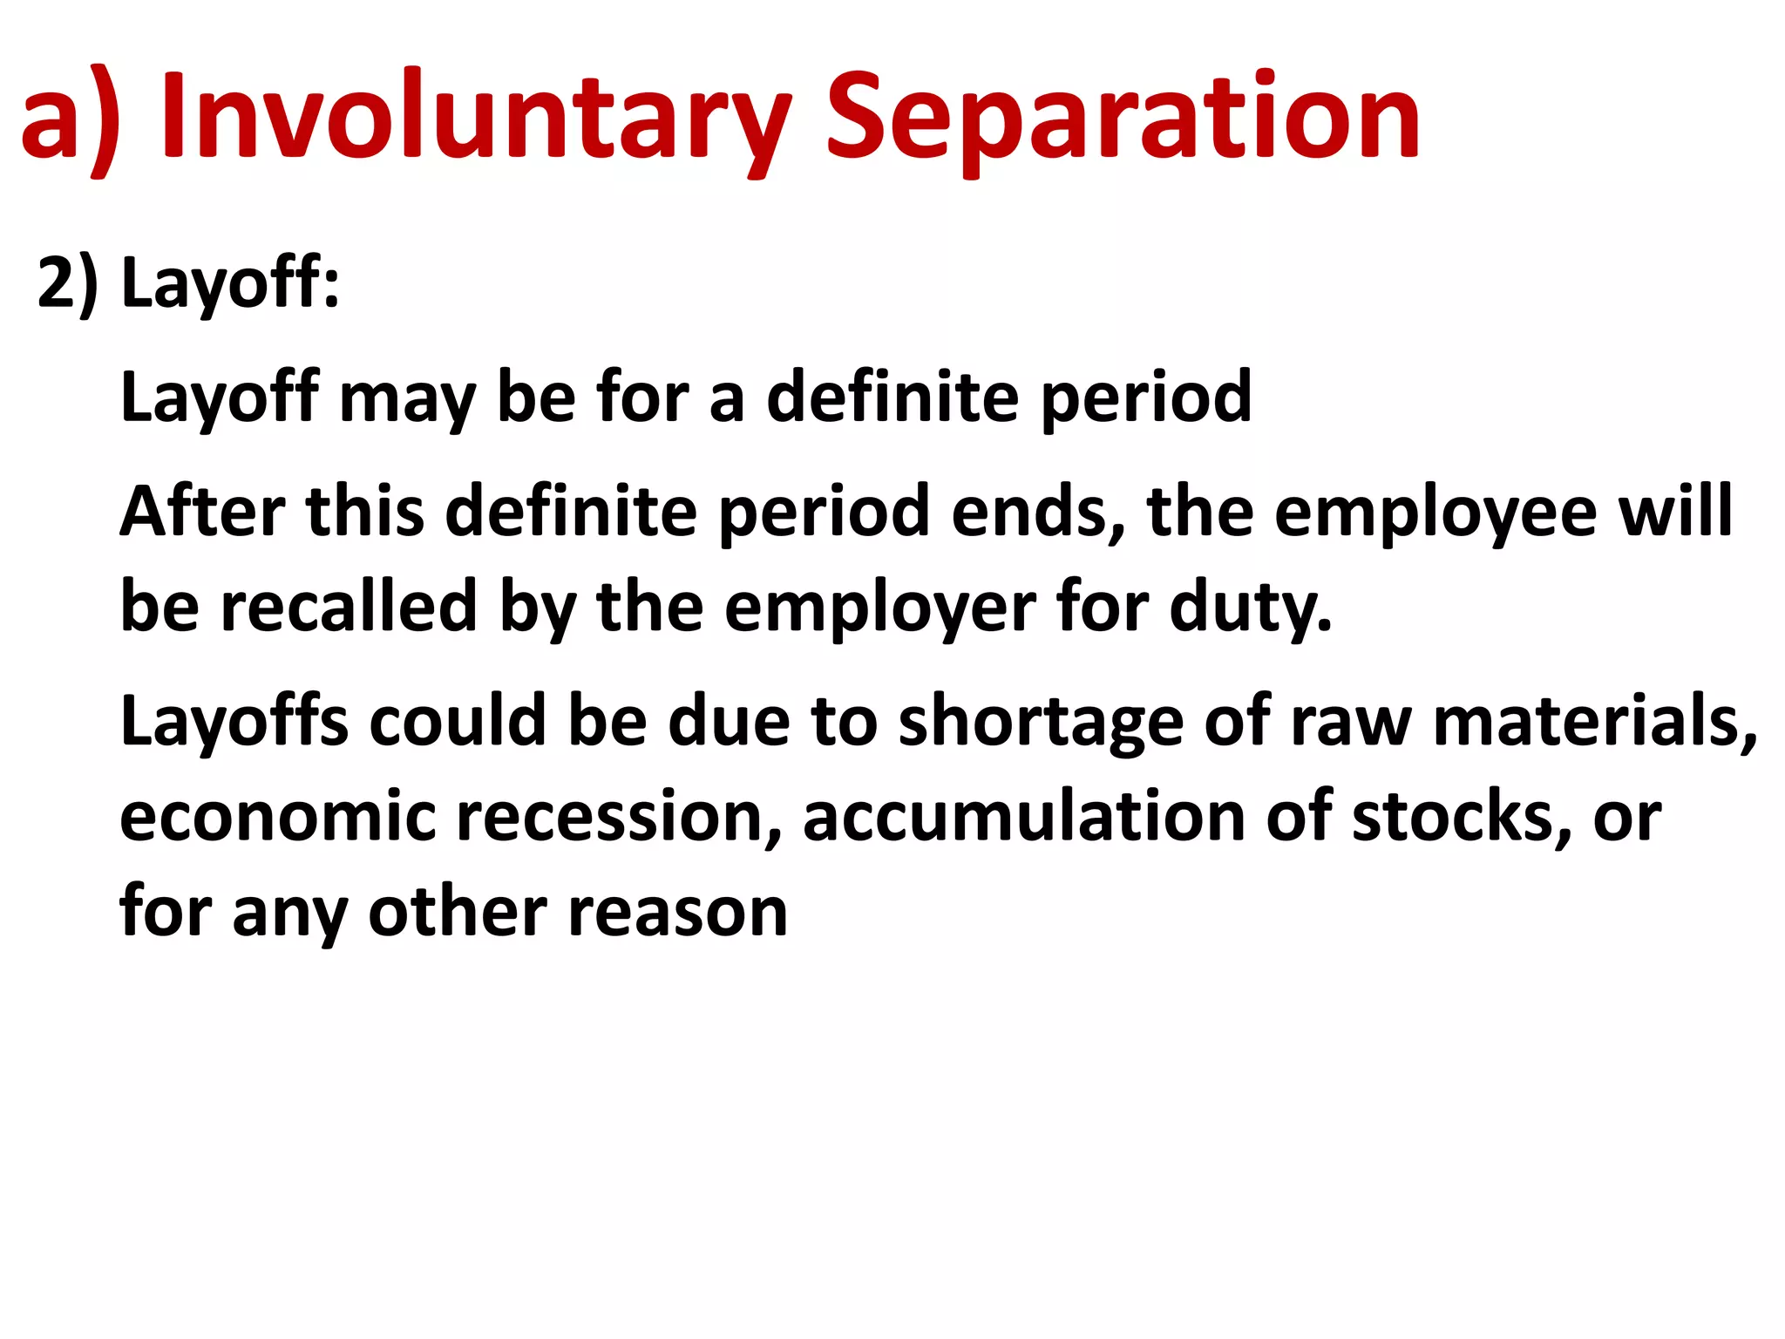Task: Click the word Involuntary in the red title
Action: point(475,118)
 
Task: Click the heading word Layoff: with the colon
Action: point(230,283)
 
